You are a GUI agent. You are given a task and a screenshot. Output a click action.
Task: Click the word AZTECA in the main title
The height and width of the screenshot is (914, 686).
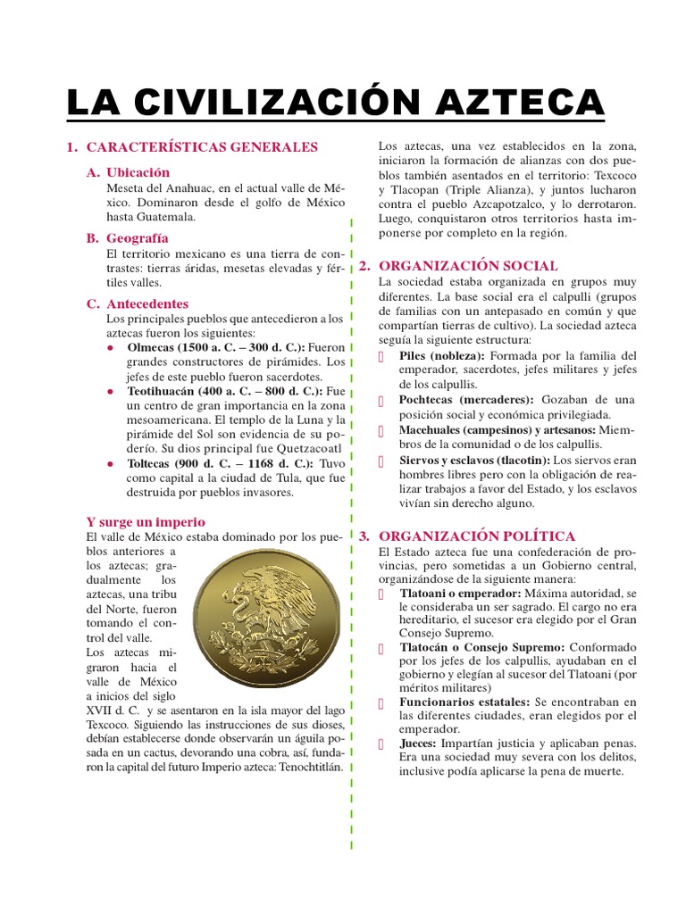point(519,100)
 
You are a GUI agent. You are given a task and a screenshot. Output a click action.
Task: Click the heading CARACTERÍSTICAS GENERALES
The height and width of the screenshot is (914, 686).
point(202,146)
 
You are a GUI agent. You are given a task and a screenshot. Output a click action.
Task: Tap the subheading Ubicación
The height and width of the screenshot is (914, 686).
point(138,172)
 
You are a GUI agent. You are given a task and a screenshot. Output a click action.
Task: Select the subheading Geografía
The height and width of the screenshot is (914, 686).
point(137,238)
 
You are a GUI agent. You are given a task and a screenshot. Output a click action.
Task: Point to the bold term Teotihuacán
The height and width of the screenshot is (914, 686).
point(166,391)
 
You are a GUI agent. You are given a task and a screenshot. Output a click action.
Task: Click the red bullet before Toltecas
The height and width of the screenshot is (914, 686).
point(110,464)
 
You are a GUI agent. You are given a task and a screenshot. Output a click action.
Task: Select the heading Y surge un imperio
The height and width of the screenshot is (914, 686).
point(146,521)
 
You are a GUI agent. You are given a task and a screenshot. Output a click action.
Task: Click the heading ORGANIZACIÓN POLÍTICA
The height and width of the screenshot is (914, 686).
point(477,536)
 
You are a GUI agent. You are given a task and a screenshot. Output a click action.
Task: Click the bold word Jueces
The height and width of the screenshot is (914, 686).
point(417,743)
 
